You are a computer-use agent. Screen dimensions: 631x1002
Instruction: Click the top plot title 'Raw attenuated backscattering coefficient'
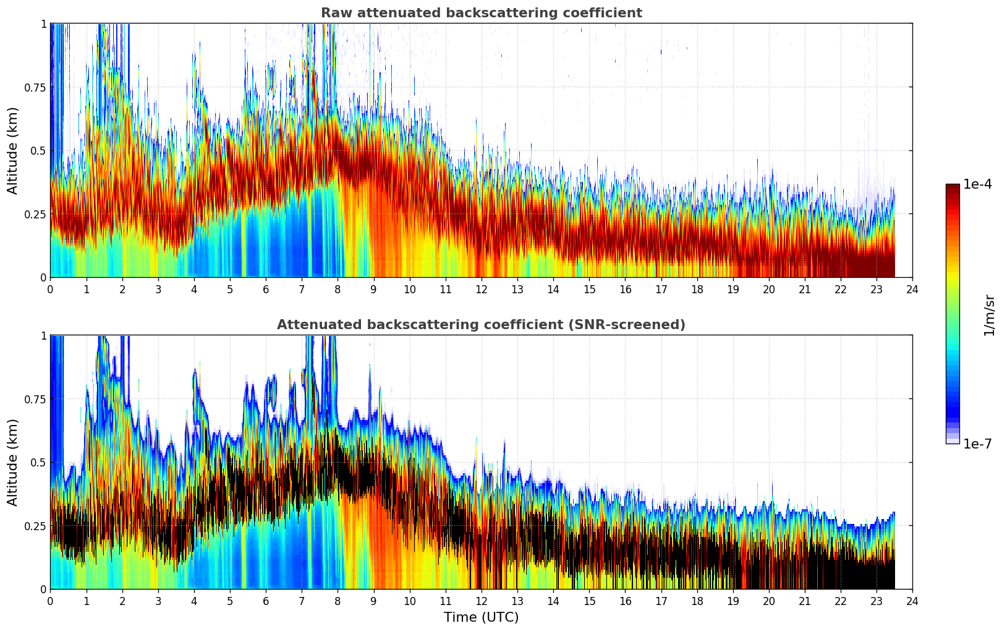pyautogui.click(x=481, y=13)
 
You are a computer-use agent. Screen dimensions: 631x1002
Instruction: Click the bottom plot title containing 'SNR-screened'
pyautogui.click(x=481, y=325)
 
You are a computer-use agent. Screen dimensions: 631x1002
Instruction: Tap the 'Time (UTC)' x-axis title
pyautogui.click(x=481, y=617)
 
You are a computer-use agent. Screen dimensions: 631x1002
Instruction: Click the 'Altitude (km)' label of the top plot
pyautogui.click(x=13, y=150)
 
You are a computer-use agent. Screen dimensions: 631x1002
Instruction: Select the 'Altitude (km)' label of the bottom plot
pyautogui.click(x=13, y=462)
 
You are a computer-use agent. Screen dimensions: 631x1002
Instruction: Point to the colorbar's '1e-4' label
pyautogui.click(x=977, y=184)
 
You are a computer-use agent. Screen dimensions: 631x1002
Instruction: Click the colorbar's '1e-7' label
pyautogui.click(x=977, y=444)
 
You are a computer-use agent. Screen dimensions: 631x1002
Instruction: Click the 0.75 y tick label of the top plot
pyautogui.click(x=35, y=88)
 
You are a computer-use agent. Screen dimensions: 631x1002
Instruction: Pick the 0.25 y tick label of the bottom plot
pyautogui.click(x=35, y=526)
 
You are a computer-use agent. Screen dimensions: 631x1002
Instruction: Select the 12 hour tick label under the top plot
pyautogui.click(x=481, y=289)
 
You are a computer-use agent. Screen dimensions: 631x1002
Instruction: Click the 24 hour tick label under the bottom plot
pyautogui.click(x=912, y=601)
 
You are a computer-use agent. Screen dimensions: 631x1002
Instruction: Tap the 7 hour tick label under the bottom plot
pyautogui.click(x=302, y=601)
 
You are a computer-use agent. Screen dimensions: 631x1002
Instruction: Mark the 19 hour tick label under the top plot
pyautogui.click(x=732, y=289)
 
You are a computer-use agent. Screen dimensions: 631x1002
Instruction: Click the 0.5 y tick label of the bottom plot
pyautogui.click(x=38, y=463)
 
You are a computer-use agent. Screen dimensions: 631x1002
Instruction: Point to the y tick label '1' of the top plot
pyautogui.click(x=43, y=24)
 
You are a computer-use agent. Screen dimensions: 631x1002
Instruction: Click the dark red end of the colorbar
pyautogui.click(x=953, y=188)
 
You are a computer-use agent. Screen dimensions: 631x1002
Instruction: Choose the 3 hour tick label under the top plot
pyautogui.click(x=158, y=289)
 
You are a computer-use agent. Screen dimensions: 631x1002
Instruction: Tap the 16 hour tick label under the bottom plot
pyautogui.click(x=625, y=601)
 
